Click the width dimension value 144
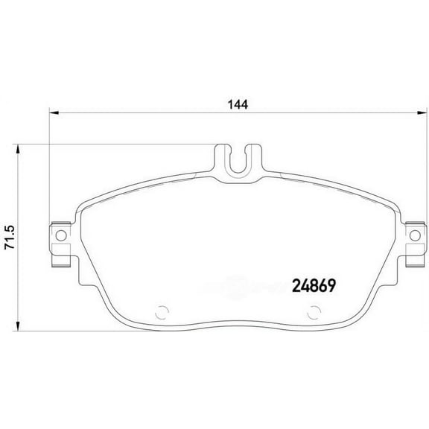click(238, 105)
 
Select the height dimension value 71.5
click(10, 237)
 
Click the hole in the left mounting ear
click(58, 236)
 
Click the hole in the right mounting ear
click(415, 236)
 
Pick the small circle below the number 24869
click(307, 313)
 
